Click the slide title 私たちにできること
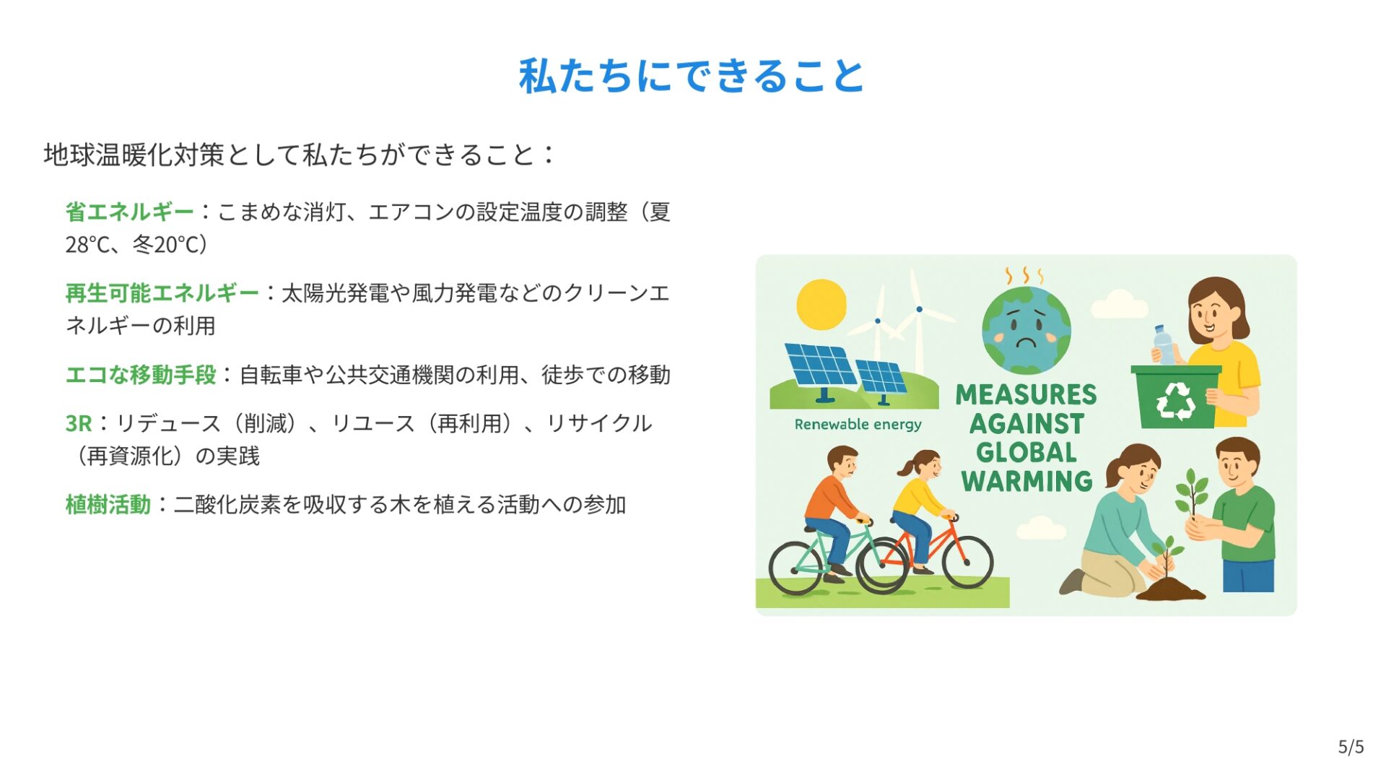pyautogui.click(x=692, y=76)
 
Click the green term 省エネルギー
pyautogui.click(x=130, y=212)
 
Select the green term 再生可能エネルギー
pyautogui.click(x=162, y=293)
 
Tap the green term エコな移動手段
pyautogui.click(x=141, y=375)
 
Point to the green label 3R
pyautogui.click(x=79, y=423)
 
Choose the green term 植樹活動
pyautogui.click(x=108, y=504)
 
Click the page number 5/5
pyautogui.click(x=1351, y=747)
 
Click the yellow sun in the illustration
pyautogui.click(x=821, y=305)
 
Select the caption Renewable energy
pyautogui.click(x=858, y=425)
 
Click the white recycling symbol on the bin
pyautogui.click(x=1176, y=401)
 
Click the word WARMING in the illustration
pyautogui.click(x=1027, y=481)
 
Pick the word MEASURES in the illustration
pyautogui.click(x=1026, y=394)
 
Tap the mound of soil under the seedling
pyautogui.click(x=1170, y=589)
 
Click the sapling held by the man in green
pyautogui.click(x=1191, y=494)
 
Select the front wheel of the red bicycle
pyautogui.click(x=967, y=563)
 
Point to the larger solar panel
pyautogui.click(x=821, y=365)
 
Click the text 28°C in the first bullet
pyautogui.click(x=87, y=245)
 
